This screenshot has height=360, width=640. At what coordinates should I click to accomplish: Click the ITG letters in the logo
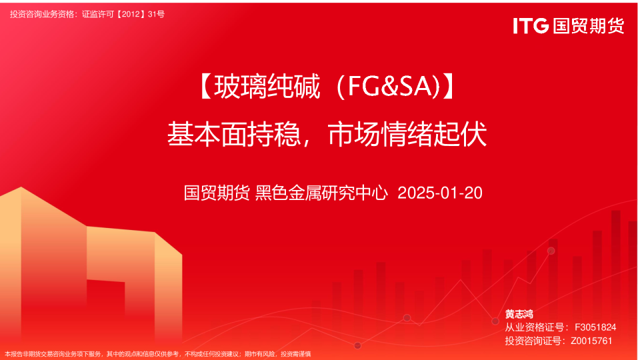coord(531,26)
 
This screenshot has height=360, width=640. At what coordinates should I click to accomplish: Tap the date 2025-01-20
coord(440,193)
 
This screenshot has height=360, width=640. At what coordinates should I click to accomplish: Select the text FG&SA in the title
coord(389,86)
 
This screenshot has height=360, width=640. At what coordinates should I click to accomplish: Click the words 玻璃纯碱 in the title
coord(267,87)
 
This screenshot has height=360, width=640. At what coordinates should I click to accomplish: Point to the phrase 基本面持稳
coord(234,134)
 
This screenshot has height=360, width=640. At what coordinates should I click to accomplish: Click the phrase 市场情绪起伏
coord(407,134)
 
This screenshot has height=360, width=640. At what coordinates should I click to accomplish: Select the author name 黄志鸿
coord(519,314)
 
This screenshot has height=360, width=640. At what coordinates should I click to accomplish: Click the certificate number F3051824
coord(595,327)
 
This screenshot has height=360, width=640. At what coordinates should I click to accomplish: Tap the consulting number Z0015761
coord(591,341)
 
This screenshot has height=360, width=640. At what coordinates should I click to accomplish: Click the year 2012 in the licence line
coord(131,14)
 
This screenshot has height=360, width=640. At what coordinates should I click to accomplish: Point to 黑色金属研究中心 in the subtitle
coord(321,193)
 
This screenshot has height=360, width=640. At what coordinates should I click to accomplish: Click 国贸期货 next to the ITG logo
coord(589,26)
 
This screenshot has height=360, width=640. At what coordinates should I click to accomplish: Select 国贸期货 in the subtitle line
coord(217,193)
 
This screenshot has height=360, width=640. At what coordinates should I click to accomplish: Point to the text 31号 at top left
coord(156,14)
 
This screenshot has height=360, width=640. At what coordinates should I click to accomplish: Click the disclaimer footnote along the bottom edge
coord(157,354)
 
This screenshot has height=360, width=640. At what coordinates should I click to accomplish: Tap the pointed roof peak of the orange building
coord(21,187)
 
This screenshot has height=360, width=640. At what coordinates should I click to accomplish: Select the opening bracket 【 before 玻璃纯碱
coord(205,87)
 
